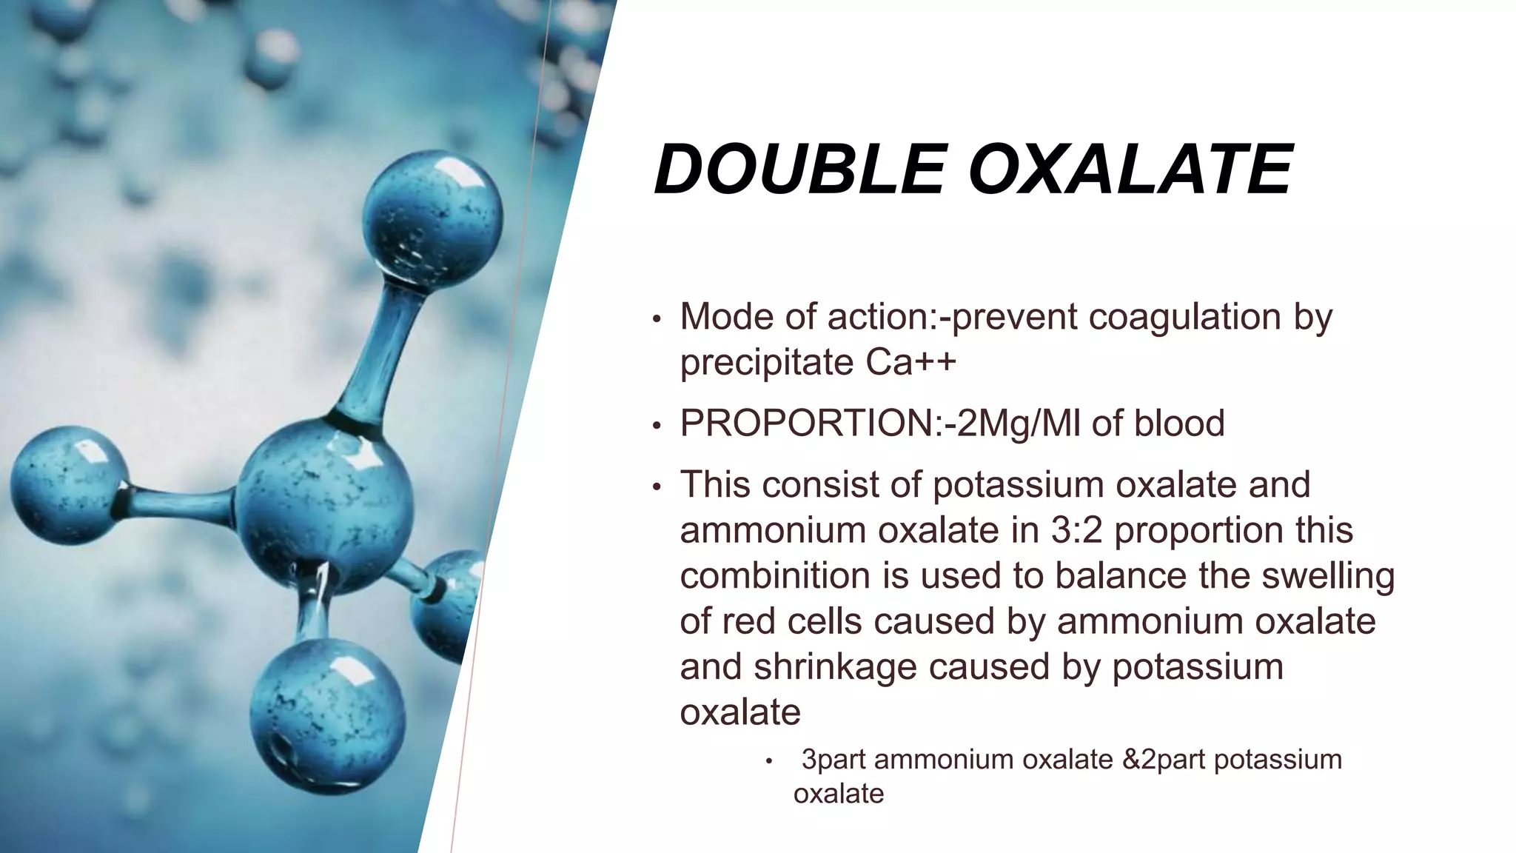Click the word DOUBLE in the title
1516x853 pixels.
[799, 170]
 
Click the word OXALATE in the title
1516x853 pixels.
[1130, 170]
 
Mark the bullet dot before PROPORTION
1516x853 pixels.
[656, 426]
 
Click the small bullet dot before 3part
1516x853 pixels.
[769, 761]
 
